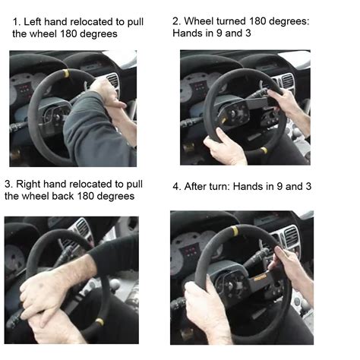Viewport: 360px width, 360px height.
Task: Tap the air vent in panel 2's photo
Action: tap(286, 81)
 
